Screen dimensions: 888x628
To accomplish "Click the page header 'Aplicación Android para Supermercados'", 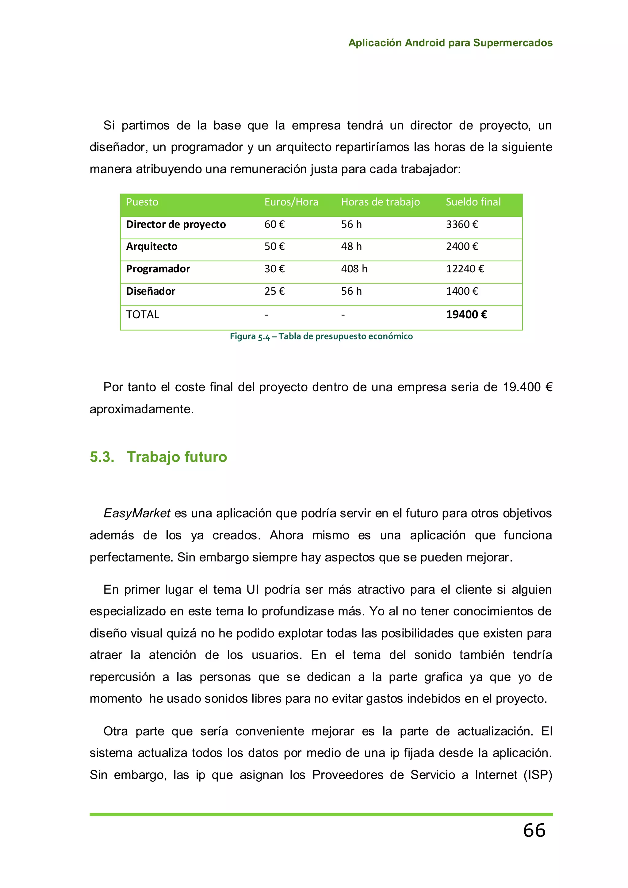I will click(450, 43).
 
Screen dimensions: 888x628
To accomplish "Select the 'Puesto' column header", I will click(142, 202).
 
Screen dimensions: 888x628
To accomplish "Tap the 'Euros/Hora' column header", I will click(291, 202).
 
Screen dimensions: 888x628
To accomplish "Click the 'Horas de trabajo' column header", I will click(380, 202).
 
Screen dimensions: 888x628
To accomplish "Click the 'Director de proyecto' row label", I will click(176, 224).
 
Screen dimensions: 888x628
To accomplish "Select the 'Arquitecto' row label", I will click(151, 246).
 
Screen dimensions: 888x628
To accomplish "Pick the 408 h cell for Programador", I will click(354, 269).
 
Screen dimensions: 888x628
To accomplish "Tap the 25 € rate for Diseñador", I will click(274, 291).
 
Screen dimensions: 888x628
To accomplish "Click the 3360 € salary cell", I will click(462, 224).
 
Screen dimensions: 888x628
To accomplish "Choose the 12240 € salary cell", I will click(465, 269).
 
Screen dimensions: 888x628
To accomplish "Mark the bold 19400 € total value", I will click(466, 314).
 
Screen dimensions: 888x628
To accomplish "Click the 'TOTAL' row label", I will click(142, 314).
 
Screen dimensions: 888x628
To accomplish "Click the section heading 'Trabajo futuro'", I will click(177, 457).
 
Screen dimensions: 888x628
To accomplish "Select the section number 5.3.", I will click(102, 457).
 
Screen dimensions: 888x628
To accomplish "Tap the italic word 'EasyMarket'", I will click(137, 513).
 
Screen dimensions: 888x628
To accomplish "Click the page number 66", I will click(534, 830).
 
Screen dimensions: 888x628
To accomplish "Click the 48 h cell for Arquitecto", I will click(351, 246).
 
